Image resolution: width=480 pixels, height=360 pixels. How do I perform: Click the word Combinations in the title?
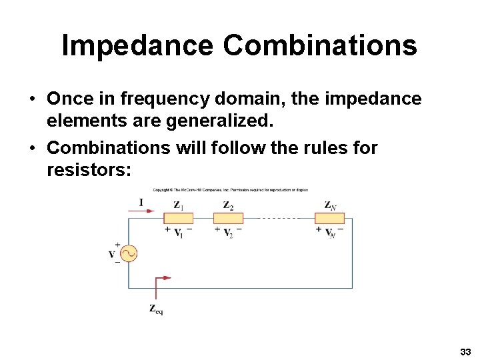click(x=320, y=45)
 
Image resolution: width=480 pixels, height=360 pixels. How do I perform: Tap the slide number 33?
click(x=465, y=351)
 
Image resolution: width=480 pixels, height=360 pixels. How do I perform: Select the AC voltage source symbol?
click(x=128, y=254)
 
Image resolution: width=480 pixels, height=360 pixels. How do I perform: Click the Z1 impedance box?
click(x=178, y=218)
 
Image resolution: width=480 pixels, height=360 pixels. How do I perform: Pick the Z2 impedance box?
click(x=228, y=218)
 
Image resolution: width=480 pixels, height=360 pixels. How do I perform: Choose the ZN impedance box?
click(x=329, y=218)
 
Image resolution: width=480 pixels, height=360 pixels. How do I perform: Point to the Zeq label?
click(x=156, y=309)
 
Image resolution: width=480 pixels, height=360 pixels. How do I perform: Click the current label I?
click(x=141, y=203)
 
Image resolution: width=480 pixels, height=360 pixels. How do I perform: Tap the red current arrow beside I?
click(x=141, y=211)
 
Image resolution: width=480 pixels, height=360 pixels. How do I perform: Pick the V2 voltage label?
click(x=228, y=232)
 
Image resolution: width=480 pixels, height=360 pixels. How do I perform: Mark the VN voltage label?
click(x=330, y=232)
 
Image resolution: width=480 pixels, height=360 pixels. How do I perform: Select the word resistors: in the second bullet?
click(x=89, y=170)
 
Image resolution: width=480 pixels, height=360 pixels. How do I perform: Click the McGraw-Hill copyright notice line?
click(x=230, y=190)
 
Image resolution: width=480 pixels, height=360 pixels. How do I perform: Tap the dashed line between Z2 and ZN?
click(x=279, y=218)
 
